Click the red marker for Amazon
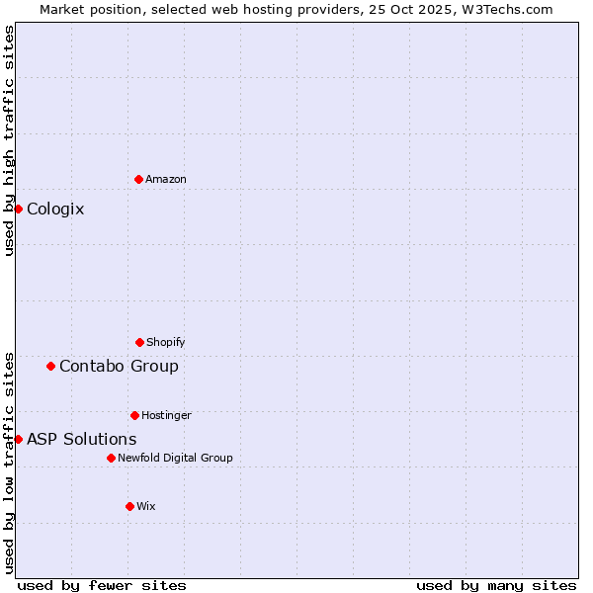coord(138,179)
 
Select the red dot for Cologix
coord(18,209)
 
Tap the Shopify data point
coord(139,342)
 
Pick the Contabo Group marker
coord(50,366)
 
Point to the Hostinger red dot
coord(134,415)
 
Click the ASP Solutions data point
coord(18,439)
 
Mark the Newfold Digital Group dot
coord(111,458)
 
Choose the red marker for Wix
coord(129,506)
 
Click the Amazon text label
coord(166,179)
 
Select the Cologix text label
coord(55,209)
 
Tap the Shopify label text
coord(166,342)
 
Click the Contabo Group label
coord(119,366)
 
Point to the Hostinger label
coord(166,415)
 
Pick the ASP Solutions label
coord(82,439)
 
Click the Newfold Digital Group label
coord(175,458)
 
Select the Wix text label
coord(146,506)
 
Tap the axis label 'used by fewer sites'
coord(102,585)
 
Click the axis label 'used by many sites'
coord(496,585)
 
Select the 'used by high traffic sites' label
coord(9,140)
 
